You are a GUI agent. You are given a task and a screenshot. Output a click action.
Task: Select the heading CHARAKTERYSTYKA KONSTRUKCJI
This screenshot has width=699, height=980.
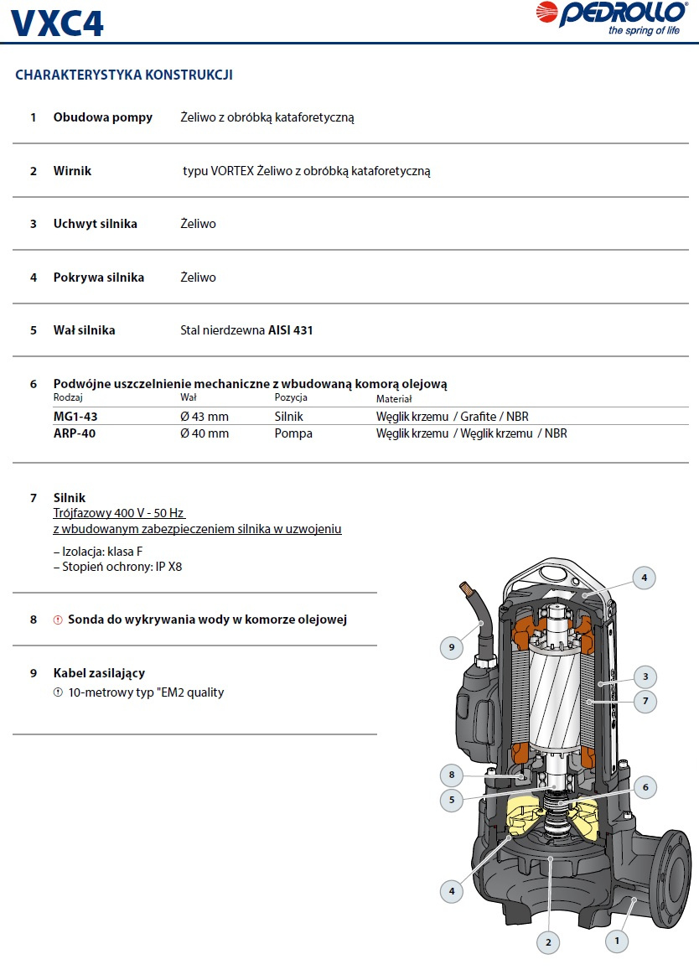124,75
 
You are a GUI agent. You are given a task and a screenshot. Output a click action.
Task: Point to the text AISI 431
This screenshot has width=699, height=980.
291,330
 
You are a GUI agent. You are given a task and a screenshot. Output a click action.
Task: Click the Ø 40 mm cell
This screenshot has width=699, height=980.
205,433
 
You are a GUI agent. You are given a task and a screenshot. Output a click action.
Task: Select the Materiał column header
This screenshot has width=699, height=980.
394,399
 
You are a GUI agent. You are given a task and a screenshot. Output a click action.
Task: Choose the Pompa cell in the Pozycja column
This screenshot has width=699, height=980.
293,433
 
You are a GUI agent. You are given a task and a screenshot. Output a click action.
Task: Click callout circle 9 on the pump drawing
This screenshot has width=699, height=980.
452,647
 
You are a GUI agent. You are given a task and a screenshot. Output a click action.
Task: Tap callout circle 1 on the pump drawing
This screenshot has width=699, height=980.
616,941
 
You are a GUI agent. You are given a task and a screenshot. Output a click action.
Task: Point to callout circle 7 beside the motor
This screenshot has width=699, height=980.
645,701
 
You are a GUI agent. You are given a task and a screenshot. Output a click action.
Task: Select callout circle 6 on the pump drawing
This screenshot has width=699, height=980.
645,787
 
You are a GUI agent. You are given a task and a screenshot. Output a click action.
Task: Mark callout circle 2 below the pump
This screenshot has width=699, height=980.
548,943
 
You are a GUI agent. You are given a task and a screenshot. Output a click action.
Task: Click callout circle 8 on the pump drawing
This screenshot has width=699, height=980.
452,775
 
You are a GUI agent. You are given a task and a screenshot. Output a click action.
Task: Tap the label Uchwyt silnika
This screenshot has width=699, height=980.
95,224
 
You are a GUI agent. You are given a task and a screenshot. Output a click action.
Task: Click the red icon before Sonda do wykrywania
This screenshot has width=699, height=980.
58,620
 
